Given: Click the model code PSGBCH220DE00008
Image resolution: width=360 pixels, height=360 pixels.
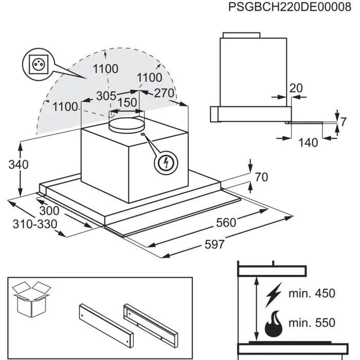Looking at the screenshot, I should point(285,10).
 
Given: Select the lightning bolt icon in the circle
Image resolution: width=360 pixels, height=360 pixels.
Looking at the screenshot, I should point(166,163).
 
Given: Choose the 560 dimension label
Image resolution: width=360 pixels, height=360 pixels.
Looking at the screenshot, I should point(226,222).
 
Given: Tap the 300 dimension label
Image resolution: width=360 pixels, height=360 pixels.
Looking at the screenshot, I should point(49,211).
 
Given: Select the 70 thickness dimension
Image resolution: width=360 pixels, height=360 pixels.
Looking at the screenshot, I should point(261,177).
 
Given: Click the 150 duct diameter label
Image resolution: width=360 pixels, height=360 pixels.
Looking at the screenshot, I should point(128,102).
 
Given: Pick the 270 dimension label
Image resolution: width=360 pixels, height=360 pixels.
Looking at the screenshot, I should point(164,94).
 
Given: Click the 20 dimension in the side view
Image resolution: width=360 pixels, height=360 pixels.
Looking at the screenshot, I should point(296,88).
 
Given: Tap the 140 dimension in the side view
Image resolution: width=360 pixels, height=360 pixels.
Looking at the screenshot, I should point(308,142).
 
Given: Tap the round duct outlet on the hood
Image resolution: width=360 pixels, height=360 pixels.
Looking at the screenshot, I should point(127,123).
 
